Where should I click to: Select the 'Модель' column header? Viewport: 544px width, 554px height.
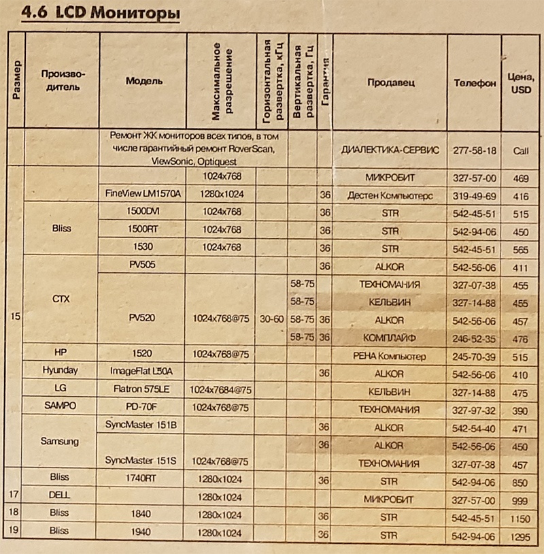[x=143, y=81]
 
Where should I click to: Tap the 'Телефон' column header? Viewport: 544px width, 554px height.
[x=474, y=83]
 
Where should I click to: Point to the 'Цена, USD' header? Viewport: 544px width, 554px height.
[x=521, y=84]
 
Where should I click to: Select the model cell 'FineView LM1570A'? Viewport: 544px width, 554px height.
[x=143, y=194]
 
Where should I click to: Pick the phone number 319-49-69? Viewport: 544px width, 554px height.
[x=474, y=195]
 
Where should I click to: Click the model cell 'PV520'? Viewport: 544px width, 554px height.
[x=143, y=318]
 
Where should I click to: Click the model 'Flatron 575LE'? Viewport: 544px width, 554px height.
[x=143, y=391]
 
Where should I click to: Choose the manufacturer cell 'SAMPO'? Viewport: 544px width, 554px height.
[x=61, y=409]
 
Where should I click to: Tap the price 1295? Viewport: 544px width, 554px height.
[x=521, y=534]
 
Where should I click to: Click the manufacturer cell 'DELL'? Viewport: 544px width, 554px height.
[x=61, y=496]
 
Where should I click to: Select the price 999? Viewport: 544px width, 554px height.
[x=521, y=498]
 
